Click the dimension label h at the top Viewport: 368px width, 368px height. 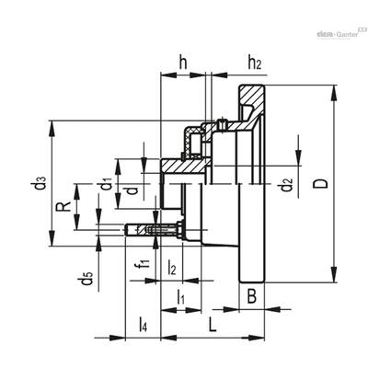(x=183, y=63)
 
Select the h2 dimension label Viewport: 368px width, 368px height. (x=255, y=63)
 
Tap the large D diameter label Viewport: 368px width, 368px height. (x=320, y=184)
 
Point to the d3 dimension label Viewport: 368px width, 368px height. (x=40, y=183)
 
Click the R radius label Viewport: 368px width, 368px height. (x=63, y=207)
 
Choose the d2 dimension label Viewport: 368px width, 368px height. (x=287, y=184)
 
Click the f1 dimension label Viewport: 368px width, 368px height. (x=144, y=263)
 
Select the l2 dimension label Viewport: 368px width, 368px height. (x=172, y=267)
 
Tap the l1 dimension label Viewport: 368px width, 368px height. (x=181, y=297)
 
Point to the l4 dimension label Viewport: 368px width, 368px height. (x=143, y=325)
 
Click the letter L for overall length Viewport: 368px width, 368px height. (x=213, y=324)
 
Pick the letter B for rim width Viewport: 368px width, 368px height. (x=252, y=296)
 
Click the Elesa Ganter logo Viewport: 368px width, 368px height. (x=341, y=33)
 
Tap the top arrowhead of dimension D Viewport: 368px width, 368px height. (x=334, y=92)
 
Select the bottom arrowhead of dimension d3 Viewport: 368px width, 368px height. (x=52, y=239)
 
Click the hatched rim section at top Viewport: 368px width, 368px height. (x=250, y=96)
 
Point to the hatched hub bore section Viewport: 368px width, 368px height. (x=182, y=166)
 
